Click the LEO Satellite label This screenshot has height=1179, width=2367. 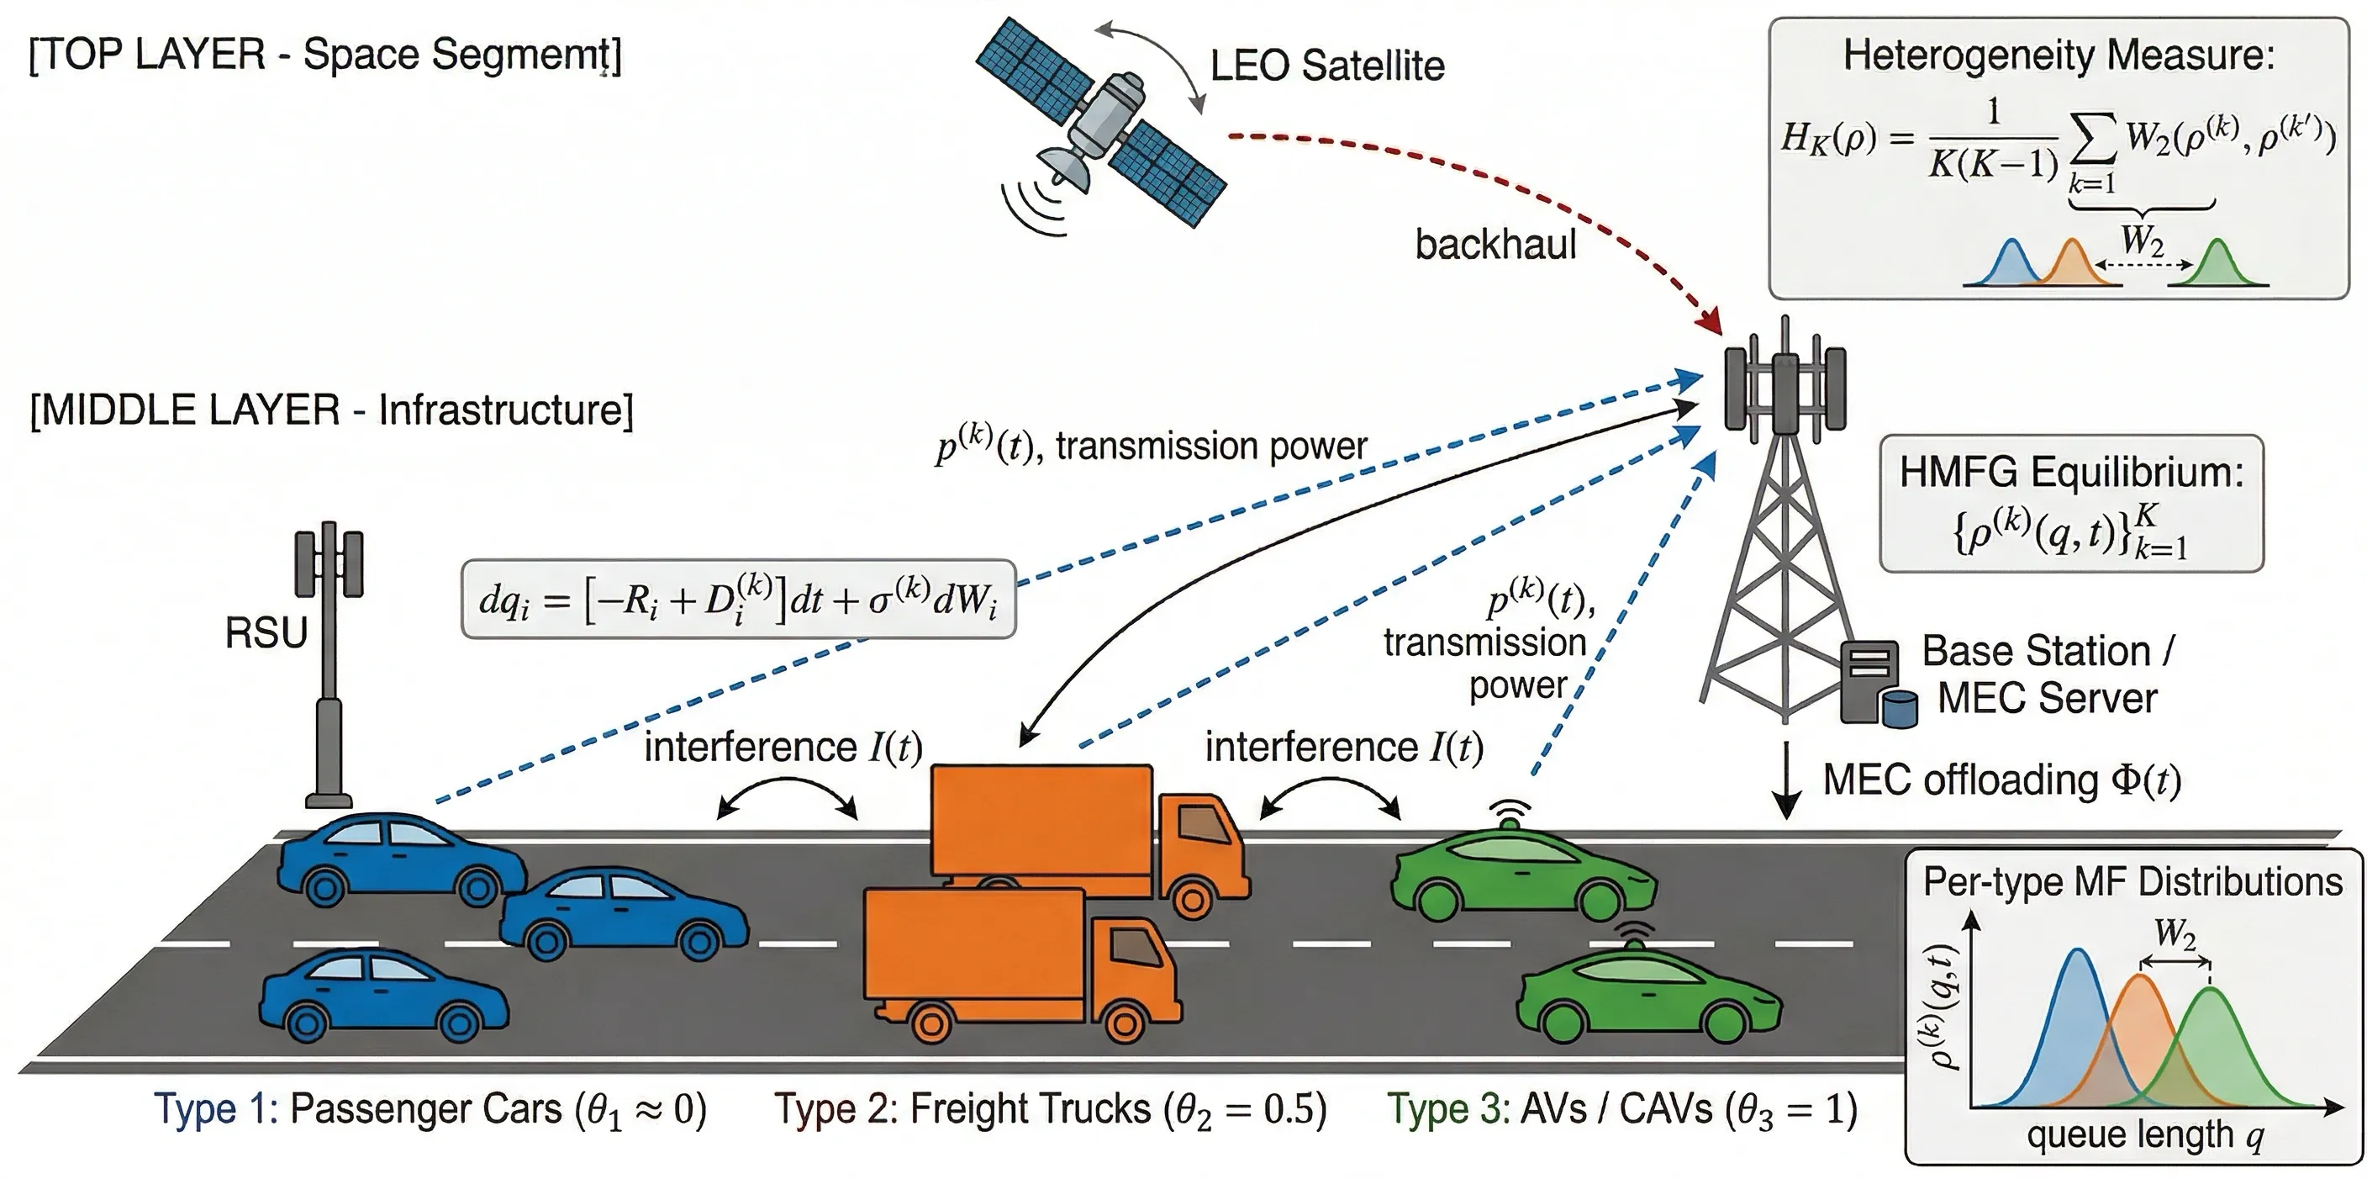(x=1327, y=66)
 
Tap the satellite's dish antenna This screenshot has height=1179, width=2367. (x=1064, y=167)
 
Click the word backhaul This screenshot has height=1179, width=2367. (x=1495, y=245)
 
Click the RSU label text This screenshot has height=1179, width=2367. (x=266, y=633)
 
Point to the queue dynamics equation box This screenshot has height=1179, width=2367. (x=739, y=599)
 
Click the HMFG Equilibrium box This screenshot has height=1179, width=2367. (x=2072, y=504)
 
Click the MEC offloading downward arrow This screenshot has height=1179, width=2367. (x=1785, y=780)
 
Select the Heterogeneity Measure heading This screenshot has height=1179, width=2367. (x=2059, y=56)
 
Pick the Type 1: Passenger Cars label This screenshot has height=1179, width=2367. (x=430, y=1109)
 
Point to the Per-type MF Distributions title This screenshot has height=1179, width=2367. (x=2132, y=882)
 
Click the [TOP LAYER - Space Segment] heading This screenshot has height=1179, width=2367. (x=325, y=56)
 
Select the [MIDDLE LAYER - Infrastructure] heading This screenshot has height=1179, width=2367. (x=332, y=410)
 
